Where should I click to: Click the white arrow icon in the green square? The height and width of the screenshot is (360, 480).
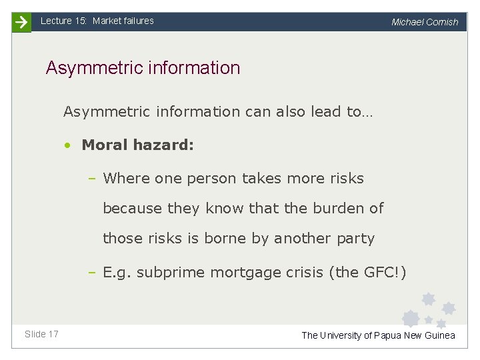[21, 22]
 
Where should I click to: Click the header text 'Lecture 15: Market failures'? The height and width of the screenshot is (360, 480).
[97, 21]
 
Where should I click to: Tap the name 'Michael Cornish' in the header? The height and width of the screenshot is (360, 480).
[425, 22]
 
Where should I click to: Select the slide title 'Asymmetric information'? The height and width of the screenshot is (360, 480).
[143, 68]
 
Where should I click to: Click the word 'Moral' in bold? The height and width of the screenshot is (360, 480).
[104, 145]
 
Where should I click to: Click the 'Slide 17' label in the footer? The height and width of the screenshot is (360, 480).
[41, 334]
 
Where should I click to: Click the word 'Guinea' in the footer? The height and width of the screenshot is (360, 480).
[440, 335]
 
